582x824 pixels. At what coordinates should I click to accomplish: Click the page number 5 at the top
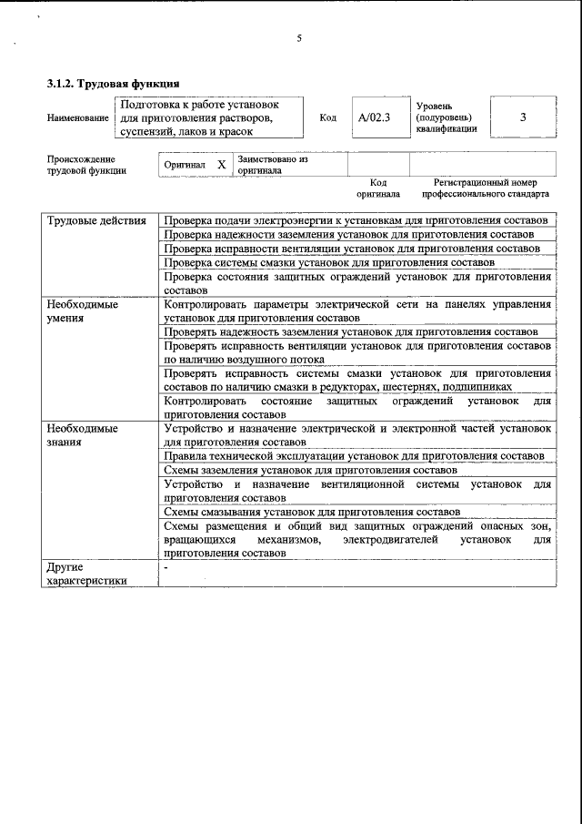[x=298, y=38]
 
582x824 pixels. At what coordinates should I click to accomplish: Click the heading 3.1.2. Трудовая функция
[x=106, y=84]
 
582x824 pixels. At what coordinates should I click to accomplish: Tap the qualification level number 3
[x=523, y=117]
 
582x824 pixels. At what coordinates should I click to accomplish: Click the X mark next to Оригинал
[x=221, y=165]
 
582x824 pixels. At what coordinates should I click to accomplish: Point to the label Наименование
[x=77, y=118]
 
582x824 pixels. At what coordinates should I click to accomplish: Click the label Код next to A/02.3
[x=328, y=117]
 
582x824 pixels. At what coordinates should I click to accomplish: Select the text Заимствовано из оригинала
[x=273, y=165]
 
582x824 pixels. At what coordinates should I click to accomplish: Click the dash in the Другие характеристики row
[x=166, y=567]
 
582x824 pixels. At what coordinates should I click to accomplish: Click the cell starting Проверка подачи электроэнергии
[x=356, y=221]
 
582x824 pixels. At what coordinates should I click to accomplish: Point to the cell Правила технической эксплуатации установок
[x=354, y=455]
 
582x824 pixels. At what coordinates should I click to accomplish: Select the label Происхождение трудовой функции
[x=86, y=165]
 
